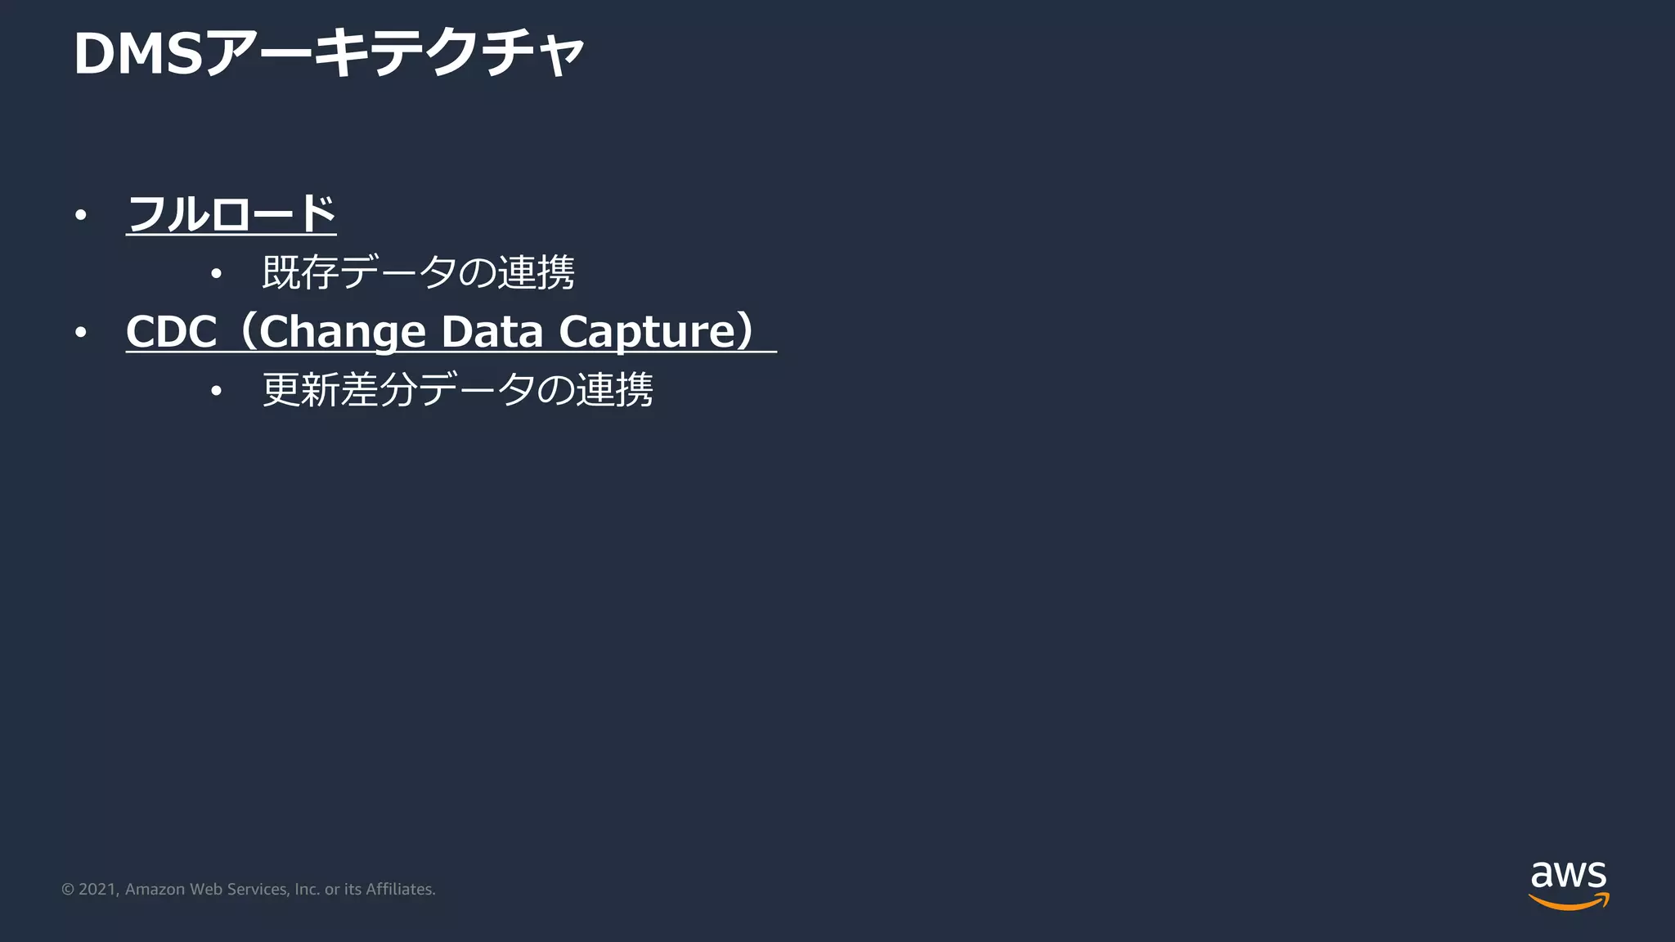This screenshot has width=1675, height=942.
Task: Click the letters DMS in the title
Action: (138, 54)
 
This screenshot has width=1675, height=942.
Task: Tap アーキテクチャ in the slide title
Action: (396, 54)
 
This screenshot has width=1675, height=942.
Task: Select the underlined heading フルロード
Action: (231, 214)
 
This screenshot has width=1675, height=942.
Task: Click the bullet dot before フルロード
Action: (80, 215)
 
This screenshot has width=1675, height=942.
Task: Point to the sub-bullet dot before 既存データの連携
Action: (216, 273)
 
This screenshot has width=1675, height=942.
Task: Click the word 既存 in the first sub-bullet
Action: (300, 272)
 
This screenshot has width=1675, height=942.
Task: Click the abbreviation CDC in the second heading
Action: (171, 332)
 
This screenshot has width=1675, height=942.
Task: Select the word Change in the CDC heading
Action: (343, 333)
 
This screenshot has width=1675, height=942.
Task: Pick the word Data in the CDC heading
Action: (492, 332)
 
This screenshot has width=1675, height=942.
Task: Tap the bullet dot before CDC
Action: (80, 333)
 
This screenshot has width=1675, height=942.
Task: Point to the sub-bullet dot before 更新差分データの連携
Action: (216, 391)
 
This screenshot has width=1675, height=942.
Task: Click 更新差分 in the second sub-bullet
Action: (339, 390)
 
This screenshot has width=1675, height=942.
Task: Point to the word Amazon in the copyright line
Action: (155, 889)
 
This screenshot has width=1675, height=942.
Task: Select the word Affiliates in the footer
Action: (400, 889)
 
